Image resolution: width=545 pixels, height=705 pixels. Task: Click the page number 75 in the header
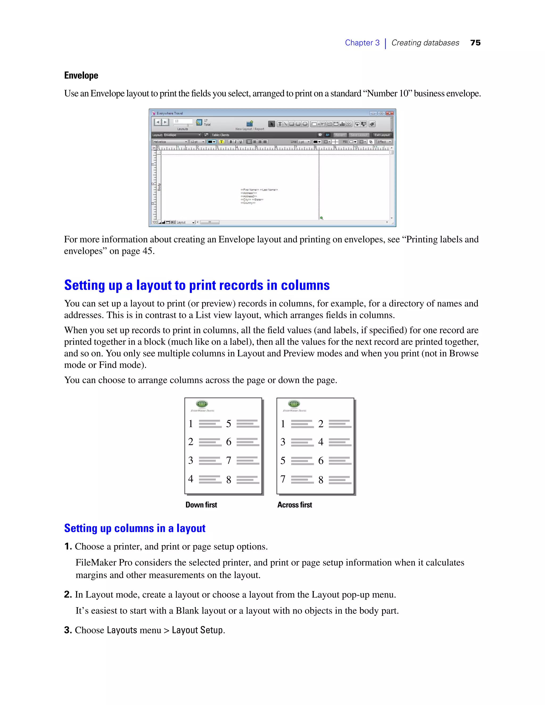475,43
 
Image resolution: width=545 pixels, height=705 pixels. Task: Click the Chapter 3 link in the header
362,43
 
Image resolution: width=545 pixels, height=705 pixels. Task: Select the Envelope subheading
81,75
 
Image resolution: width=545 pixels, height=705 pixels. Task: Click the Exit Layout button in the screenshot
382,135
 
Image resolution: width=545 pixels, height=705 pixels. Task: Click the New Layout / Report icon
250,124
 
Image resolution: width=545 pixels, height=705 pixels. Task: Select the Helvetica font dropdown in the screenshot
170,142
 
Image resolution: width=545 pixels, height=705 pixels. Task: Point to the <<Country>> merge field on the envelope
248,203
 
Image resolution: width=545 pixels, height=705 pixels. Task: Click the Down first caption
201,505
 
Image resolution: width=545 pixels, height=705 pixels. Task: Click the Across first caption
295,505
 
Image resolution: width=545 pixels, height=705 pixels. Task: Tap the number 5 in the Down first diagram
229,424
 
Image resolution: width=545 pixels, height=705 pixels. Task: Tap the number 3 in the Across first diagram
283,442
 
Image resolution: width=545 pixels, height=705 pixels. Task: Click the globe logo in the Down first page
202,404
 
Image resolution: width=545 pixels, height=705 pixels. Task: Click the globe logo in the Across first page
294,404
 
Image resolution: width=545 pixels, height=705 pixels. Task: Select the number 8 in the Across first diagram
321,480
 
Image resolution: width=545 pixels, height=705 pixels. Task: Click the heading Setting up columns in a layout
135,528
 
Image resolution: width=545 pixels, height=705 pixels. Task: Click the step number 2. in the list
68,594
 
